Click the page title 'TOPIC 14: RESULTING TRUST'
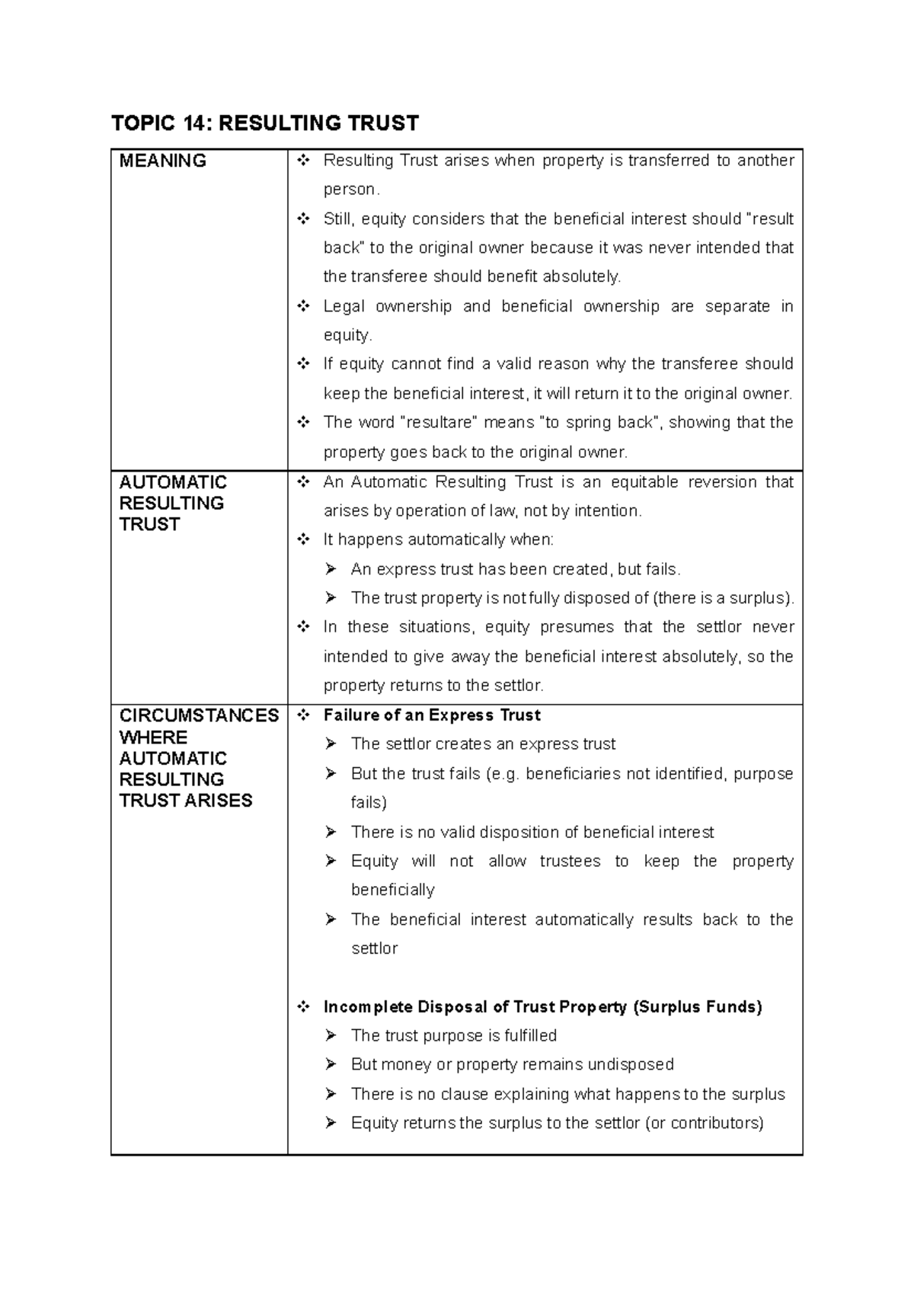click(x=265, y=123)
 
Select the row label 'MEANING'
click(x=163, y=161)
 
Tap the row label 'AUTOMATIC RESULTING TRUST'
click(x=172, y=503)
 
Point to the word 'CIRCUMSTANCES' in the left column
click(x=199, y=715)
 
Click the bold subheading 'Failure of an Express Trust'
click(x=432, y=715)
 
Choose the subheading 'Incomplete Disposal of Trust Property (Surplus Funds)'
click(x=542, y=1007)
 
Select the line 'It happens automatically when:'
click(x=439, y=540)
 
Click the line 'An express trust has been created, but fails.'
click(x=516, y=569)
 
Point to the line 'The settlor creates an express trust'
click(x=483, y=744)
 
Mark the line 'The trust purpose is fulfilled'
click(x=454, y=1036)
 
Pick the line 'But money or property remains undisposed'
click(x=513, y=1065)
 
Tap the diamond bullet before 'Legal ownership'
click(x=304, y=306)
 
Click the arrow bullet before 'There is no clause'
click(x=331, y=1095)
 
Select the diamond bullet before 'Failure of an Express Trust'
click(x=304, y=715)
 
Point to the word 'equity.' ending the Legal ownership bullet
click(x=348, y=335)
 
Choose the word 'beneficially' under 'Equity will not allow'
click(x=393, y=890)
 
